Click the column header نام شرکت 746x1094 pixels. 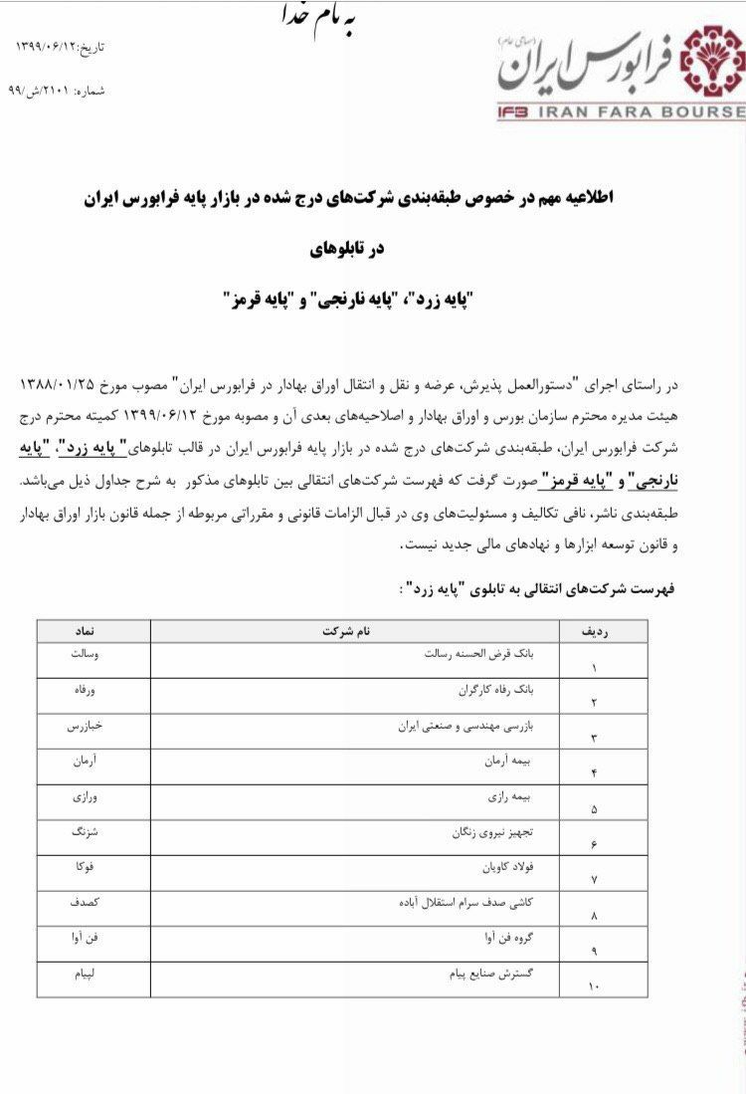click(348, 631)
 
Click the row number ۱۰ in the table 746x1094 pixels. click(594, 986)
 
